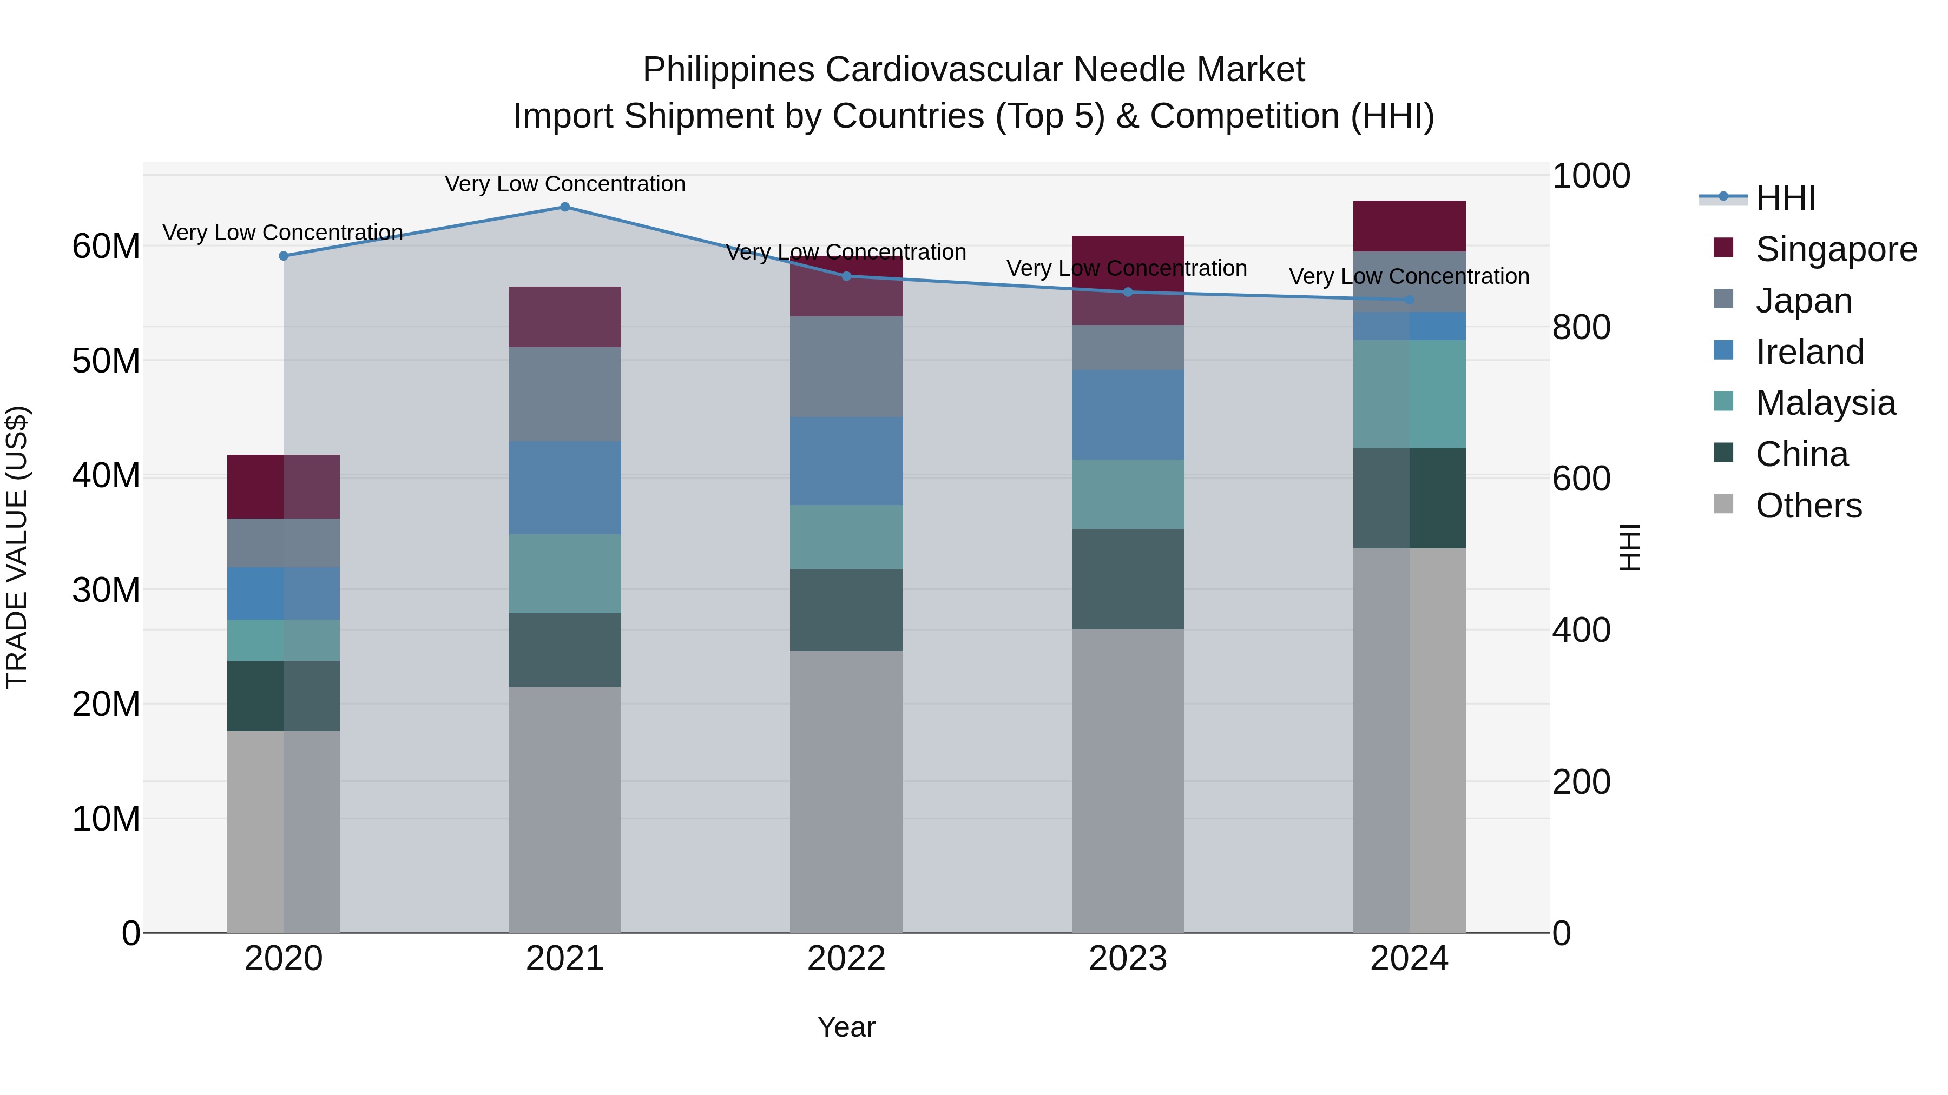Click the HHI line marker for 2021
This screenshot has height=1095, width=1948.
tap(565, 207)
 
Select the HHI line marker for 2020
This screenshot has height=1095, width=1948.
tap(284, 256)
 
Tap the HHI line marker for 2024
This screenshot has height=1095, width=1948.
tap(1409, 300)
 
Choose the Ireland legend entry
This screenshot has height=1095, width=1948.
tap(1809, 352)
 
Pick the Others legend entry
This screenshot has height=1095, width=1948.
tap(1808, 506)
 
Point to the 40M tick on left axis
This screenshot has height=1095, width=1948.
tap(106, 476)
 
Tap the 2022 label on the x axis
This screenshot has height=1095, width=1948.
tap(846, 959)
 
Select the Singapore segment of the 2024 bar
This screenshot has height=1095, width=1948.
tap(1409, 226)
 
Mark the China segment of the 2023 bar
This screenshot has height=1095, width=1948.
tap(1128, 579)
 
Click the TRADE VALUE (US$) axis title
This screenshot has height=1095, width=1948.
tap(17, 547)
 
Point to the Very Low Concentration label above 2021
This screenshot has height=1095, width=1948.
tap(565, 184)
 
